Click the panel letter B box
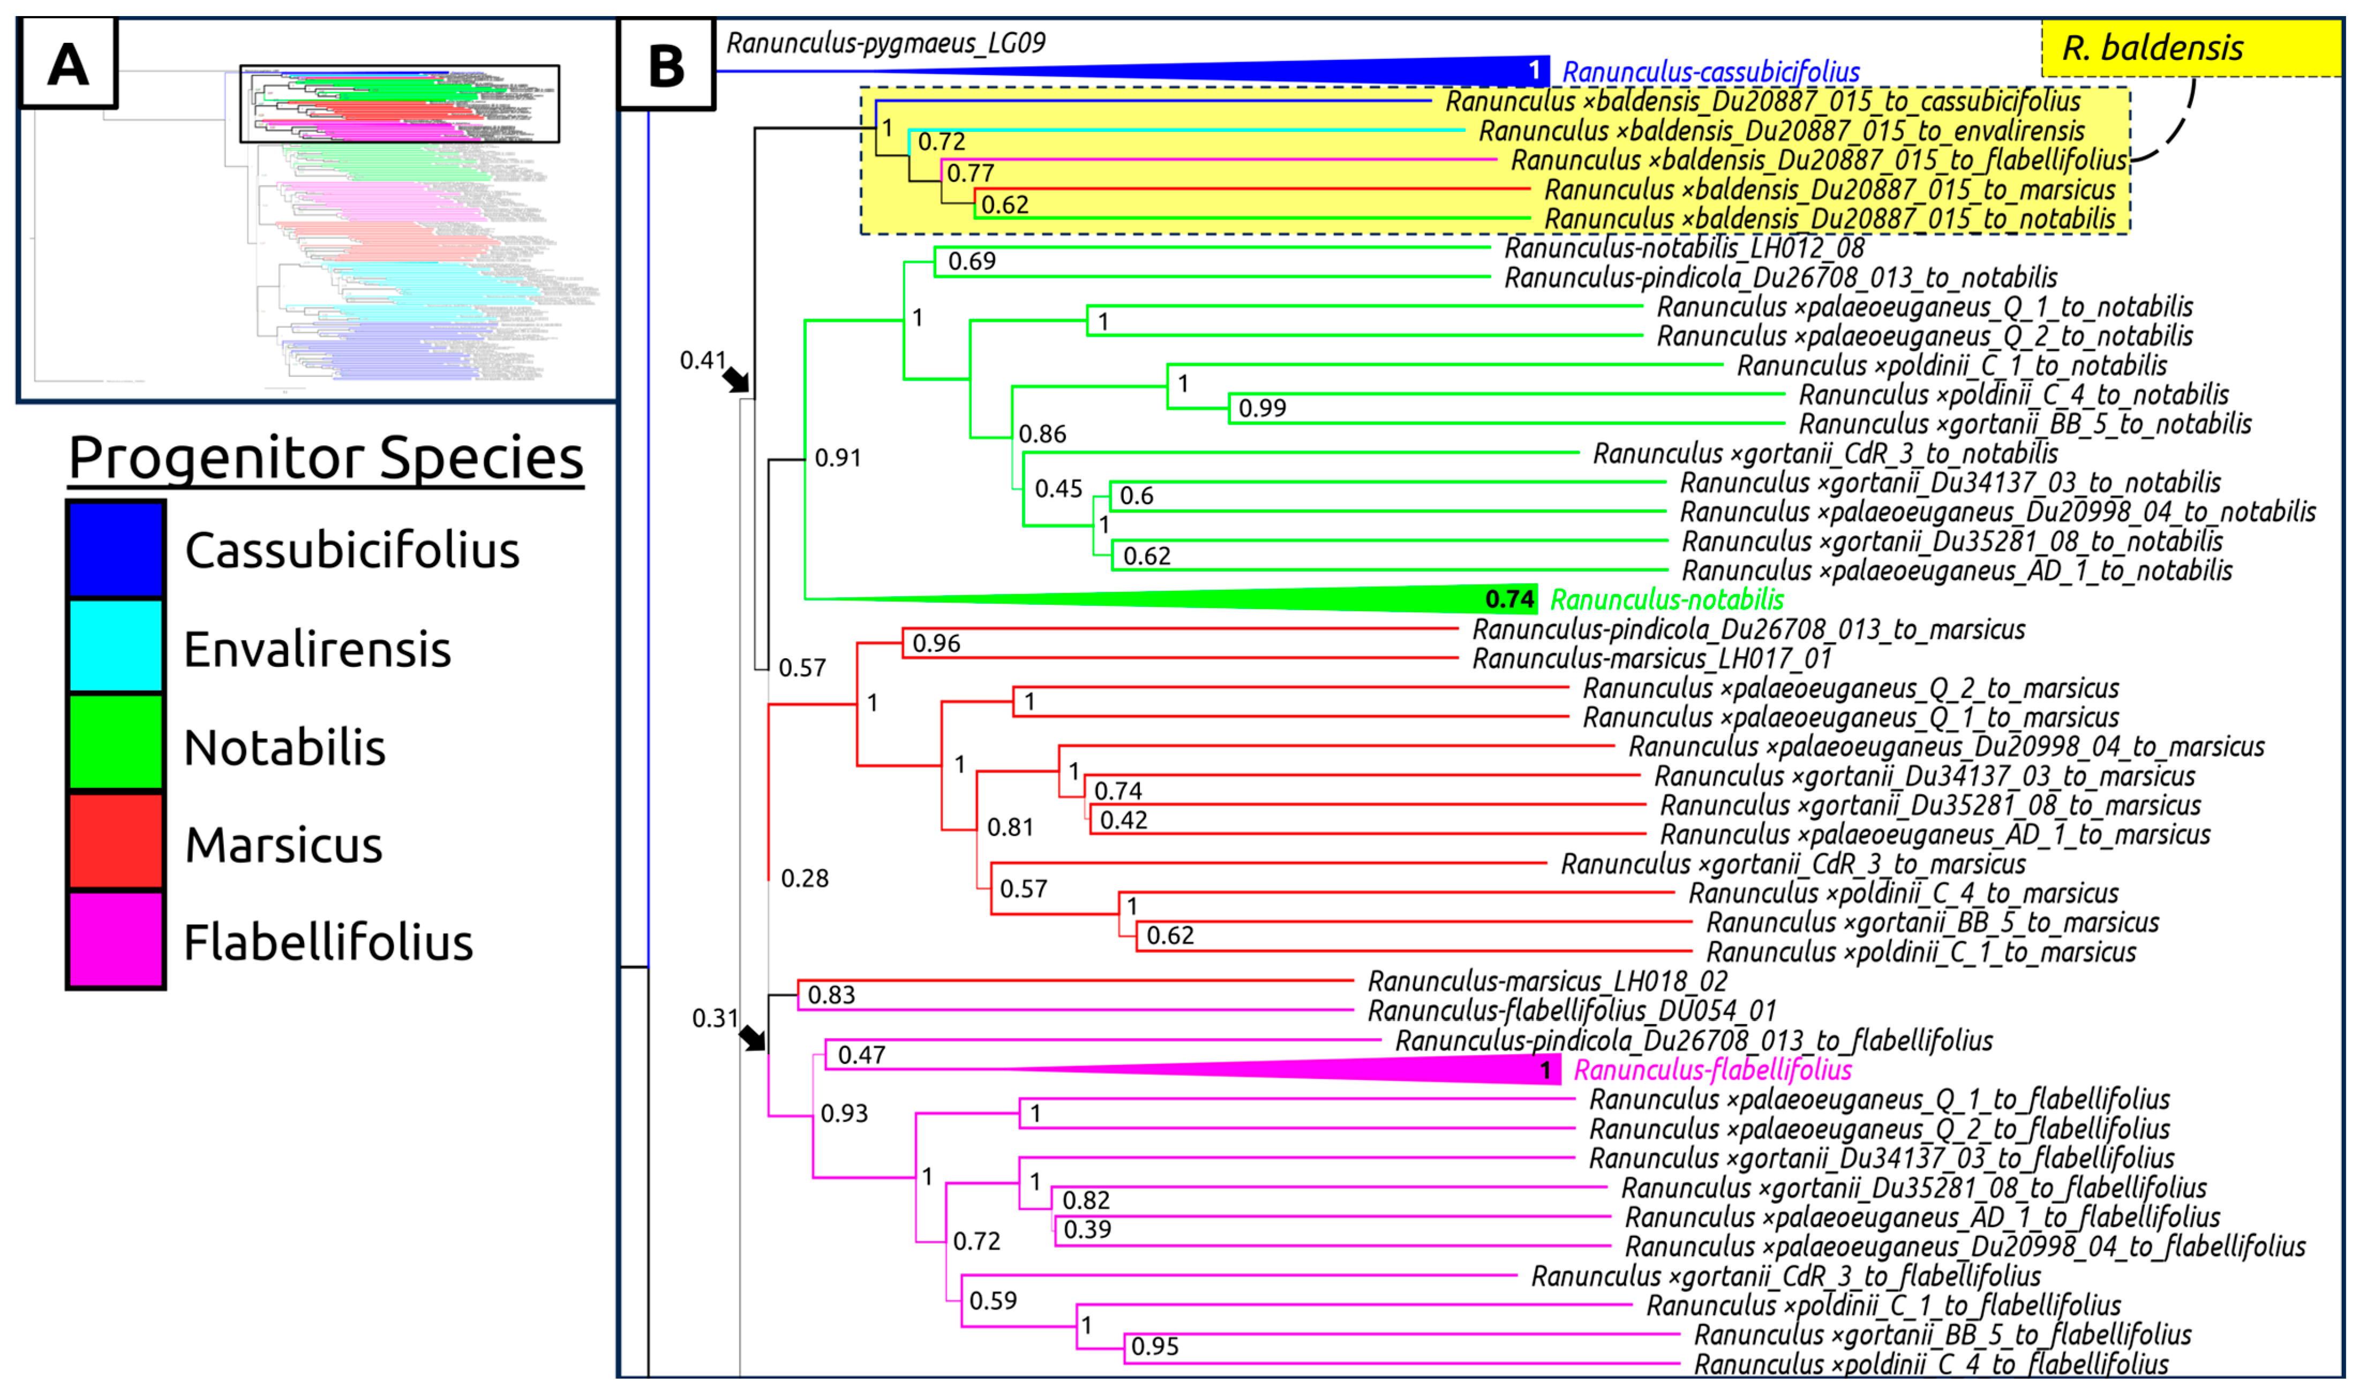pyautogui.click(x=665, y=65)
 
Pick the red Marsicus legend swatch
pyautogui.click(x=116, y=842)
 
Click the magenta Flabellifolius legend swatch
pyautogui.click(x=116, y=940)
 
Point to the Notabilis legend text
pyautogui.click(x=284, y=747)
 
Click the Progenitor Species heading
pyautogui.click(x=326, y=459)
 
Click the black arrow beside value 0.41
pyautogui.click(x=735, y=379)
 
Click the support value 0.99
pyautogui.click(x=1261, y=408)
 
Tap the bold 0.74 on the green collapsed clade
pyautogui.click(x=1509, y=599)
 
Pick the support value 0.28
pyautogui.click(x=805, y=878)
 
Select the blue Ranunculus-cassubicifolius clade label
pyautogui.click(x=1710, y=72)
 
